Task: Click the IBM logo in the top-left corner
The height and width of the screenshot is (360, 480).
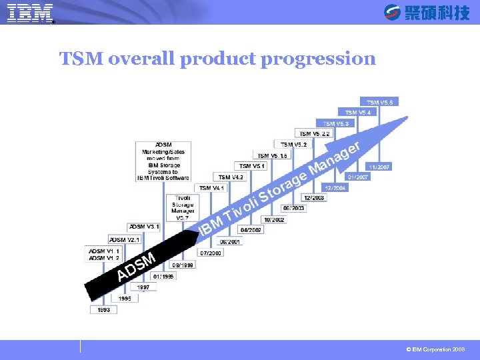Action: click(x=30, y=13)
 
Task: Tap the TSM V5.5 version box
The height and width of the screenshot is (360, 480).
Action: click(x=381, y=101)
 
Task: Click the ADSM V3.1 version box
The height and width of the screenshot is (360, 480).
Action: click(x=143, y=227)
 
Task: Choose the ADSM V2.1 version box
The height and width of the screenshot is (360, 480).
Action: click(x=125, y=239)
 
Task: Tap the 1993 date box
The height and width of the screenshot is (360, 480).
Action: click(x=104, y=310)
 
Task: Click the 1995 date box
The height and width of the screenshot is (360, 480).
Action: click(x=125, y=299)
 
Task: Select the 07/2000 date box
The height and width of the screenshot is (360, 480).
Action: click(x=211, y=253)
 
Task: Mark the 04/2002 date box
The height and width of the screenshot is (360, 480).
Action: click(x=251, y=230)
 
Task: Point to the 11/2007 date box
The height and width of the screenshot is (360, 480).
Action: click(x=379, y=167)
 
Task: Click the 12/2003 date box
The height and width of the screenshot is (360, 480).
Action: click(x=313, y=198)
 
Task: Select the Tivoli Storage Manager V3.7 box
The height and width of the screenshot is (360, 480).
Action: click(x=183, y=207)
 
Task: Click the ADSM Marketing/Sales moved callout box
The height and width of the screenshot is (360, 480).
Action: click(x=163, y=161)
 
